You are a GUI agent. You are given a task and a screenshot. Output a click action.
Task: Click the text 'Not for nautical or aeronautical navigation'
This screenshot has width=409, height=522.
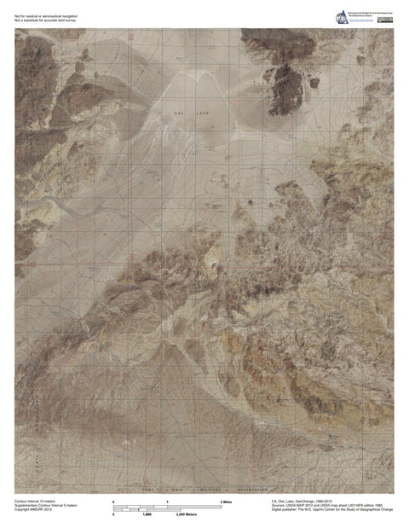tap(46, 9)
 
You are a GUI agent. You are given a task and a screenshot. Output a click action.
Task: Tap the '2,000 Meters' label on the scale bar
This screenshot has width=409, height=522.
tap(186, 515)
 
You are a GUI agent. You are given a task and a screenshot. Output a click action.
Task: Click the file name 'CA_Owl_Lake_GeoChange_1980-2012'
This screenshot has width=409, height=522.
tap(310, 500)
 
